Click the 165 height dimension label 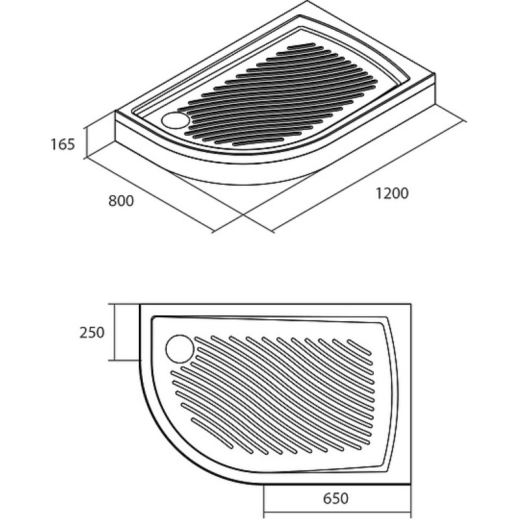click(x=62, y=144)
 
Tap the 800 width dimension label click(x=121, y=201)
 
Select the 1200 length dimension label click(x=392, y=193)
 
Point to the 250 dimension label click(x=92, y=332)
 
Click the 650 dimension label click(x=335, y=498)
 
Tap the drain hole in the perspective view click(x=175, y=120)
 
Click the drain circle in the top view click(x=180, y=349)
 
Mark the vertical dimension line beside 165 click(x=86, y=142)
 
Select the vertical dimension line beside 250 click(x=114, y=332)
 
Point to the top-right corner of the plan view click(x=411, y=304)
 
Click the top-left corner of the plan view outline click(x=140, y=304)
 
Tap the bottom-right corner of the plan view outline click(x=411, y=485)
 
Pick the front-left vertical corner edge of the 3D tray click(x=115, y=127)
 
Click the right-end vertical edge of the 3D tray click(x=435, y=90)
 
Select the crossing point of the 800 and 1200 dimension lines click(x=243, y=215)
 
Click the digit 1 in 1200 click(x=379, y=193)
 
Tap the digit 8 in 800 click(x=112, y=201)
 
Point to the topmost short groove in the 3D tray click(x=301, y=45)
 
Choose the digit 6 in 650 click(x=328, y=498)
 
